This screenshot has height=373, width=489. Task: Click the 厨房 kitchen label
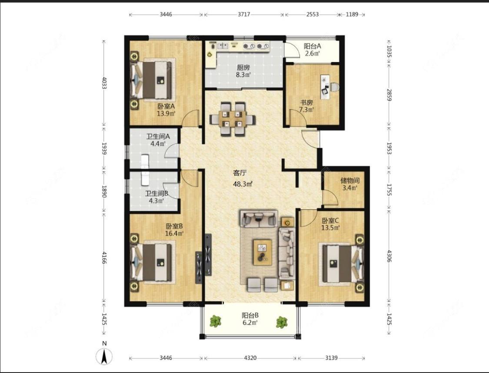243,67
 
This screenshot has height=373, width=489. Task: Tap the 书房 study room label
306,102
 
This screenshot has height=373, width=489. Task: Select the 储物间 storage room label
350,181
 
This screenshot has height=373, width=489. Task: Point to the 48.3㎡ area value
243,184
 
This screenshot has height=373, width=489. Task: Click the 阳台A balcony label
313,46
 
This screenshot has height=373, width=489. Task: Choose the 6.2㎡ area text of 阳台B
250,323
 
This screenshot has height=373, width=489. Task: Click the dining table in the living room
233,119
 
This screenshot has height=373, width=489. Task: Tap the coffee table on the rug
262,252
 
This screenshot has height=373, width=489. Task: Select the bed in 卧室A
153,80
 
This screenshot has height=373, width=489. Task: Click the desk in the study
325,87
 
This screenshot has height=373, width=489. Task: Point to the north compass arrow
104,356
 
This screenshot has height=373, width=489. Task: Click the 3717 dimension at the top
244,14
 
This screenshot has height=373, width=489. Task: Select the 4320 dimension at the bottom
250,358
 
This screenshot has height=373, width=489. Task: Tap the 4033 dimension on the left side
104,83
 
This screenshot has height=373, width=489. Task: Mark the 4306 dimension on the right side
389,256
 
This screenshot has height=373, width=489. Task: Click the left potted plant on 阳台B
215,321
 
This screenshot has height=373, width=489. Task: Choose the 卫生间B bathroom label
156,194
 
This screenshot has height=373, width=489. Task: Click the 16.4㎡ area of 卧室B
174,233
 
